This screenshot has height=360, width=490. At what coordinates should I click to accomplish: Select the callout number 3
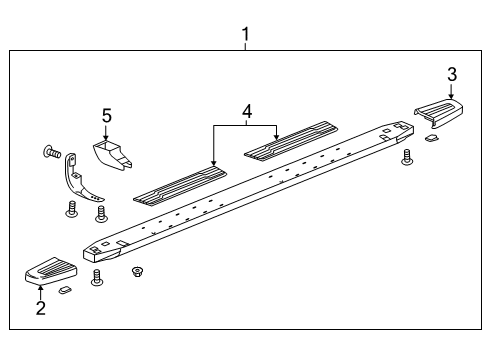[x=452, y=73]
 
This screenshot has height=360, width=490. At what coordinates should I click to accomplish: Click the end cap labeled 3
[x=440, y=113]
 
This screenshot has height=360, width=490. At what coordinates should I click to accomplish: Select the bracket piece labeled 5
[x=112, y=155]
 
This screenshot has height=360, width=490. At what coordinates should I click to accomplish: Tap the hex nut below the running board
[x=138, y=271]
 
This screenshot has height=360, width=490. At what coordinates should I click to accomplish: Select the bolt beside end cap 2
[x=96, y=277]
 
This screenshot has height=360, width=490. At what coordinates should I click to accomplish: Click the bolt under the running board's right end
[x=407, y=157]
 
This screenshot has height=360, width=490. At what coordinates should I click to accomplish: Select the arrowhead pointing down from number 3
[x=452, y=93]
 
